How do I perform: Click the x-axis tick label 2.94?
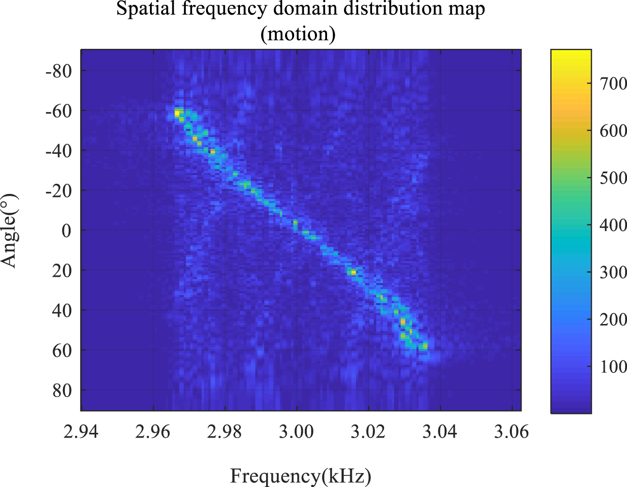click(x=81, y=431)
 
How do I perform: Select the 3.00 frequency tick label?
click(x=297, y=431)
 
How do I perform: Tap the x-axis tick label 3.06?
click(x=512, y=431)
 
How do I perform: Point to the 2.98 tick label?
click(x=224, y=431)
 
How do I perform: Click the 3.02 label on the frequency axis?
click(x=369, y=431)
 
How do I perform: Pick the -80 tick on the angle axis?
click(x=58, y=71)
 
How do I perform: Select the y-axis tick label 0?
click(x=66, y=231)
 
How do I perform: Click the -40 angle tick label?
click(x=58, y=151)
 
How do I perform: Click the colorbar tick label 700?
click(x=613, y=84)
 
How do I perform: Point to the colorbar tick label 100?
click(x=613, y=367)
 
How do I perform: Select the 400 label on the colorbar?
click(x=613, y=225)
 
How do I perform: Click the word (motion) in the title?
click(x=298, y=34)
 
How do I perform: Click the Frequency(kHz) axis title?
click(x=300, y=476)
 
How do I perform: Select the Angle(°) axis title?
click(x=10, y=231)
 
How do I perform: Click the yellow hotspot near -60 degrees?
click(x=177, y=114)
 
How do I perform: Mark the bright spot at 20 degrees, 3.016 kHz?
click(x=353, y=273)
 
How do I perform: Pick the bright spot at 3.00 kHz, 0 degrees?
click(x=295, y=223)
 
